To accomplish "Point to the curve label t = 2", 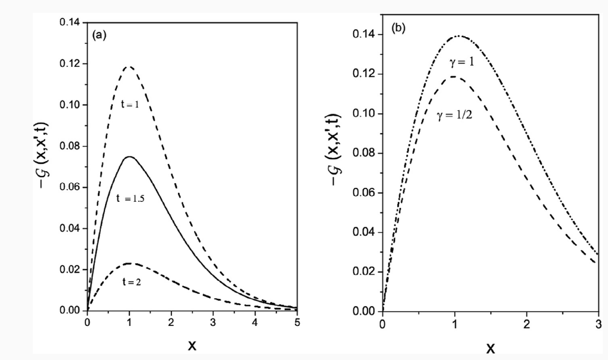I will pos(132,282).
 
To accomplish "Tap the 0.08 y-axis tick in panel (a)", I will pos(70,146).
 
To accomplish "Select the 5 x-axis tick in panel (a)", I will pos(296,322).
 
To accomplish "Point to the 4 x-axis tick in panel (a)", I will pos(255,322).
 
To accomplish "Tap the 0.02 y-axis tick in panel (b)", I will pos(365,272).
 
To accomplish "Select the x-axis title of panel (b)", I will pos(490,348).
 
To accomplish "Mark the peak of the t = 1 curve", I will pos(130,66).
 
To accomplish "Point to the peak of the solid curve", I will pos(130,157).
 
